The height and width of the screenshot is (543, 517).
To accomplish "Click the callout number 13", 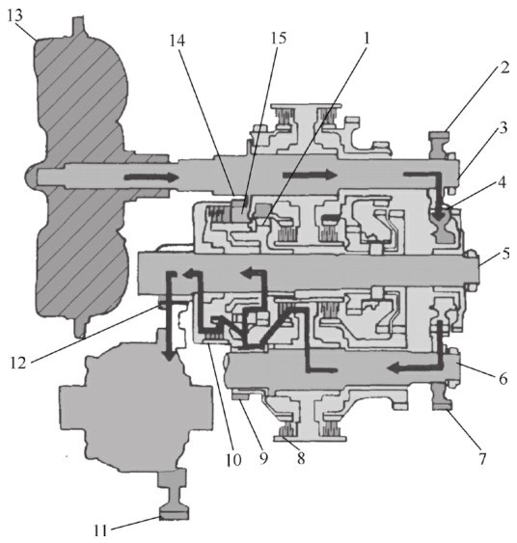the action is coord(15,14).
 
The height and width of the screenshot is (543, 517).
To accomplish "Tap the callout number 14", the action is coord(177,41).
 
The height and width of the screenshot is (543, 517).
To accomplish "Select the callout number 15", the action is coord(279,38).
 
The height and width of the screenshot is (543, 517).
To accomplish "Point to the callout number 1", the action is coord(366,38).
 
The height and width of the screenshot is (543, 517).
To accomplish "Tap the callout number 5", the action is coord(506,254).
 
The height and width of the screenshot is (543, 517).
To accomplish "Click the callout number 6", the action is coord(503,378).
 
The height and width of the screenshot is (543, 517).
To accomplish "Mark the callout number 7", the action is coord(482,458).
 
